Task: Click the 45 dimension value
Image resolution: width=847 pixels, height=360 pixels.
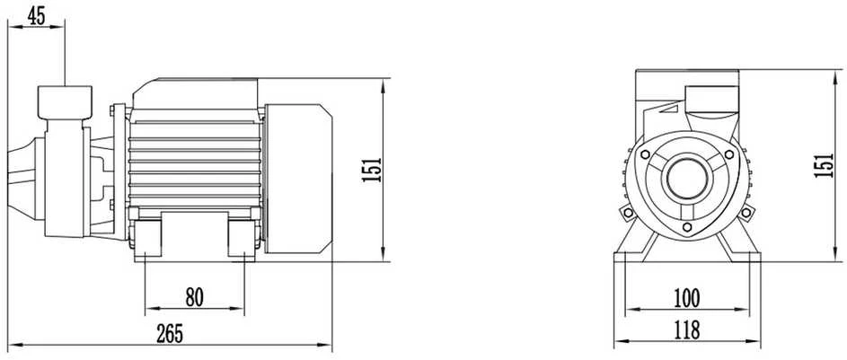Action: point(36,16)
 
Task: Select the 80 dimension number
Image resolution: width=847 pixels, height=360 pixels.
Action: point(195,297)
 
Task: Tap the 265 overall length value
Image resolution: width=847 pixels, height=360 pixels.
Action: point(170,334)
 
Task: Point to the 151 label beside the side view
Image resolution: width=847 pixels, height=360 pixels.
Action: point(372,170)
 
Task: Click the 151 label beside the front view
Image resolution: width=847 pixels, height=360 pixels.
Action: point(825,165)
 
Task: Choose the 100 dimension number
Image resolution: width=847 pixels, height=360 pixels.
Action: point(686,298)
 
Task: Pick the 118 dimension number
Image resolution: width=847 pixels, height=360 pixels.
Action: point(686,329)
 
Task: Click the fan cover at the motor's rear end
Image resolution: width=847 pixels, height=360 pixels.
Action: point(298,179)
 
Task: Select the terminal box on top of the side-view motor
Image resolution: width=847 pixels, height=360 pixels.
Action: point(195,94)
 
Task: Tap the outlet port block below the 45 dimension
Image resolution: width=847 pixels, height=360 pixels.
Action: point(65,102)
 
